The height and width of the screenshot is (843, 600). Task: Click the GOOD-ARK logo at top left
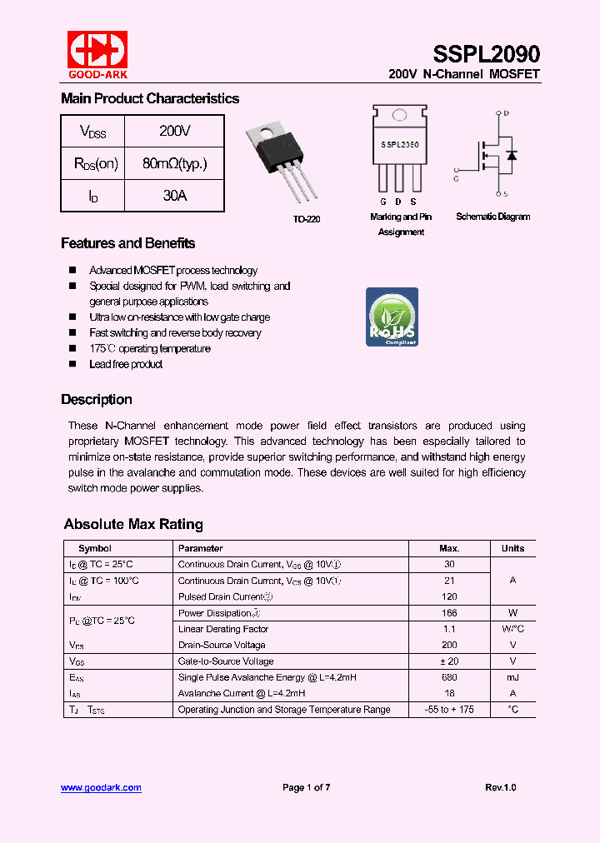click(x=97, y=54)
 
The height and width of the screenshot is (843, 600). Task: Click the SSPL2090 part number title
click(x=486, y=54)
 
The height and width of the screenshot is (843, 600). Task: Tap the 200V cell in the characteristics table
click(x=174, y=132)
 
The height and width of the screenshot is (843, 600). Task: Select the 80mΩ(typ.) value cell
click(x=174, y=164)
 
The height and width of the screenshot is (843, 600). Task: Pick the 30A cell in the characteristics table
click(x=174, y=196)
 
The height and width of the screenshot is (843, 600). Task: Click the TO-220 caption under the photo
click(x=306, y=219)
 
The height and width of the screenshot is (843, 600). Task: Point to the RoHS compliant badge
click(x=392, y=317)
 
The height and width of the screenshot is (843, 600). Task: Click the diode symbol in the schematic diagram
click(x=511, y=155)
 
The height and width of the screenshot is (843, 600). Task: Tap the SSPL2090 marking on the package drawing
click(x=400, y=144)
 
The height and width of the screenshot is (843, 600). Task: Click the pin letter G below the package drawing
click(x=383, y=202)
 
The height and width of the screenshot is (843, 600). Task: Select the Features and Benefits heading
click(x=127, y=243)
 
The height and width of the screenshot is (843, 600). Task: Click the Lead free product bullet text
click(x=126, y=364)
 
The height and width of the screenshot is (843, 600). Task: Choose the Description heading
click(x=96, y=399)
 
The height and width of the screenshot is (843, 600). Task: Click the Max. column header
click(x=449, y=548)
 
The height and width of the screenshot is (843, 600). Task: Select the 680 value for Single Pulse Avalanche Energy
click(x=449, y=677)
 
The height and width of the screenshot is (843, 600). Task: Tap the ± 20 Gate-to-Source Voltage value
click(x=449, y=661)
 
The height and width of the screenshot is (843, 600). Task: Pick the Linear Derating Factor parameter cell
click(x=223, y=629)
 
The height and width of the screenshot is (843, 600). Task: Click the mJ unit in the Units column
click(x=512, y=677)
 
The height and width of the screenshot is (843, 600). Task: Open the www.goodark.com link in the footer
click(x=101, y=787)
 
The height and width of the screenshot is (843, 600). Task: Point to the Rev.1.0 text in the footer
click(x=500, y=787)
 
